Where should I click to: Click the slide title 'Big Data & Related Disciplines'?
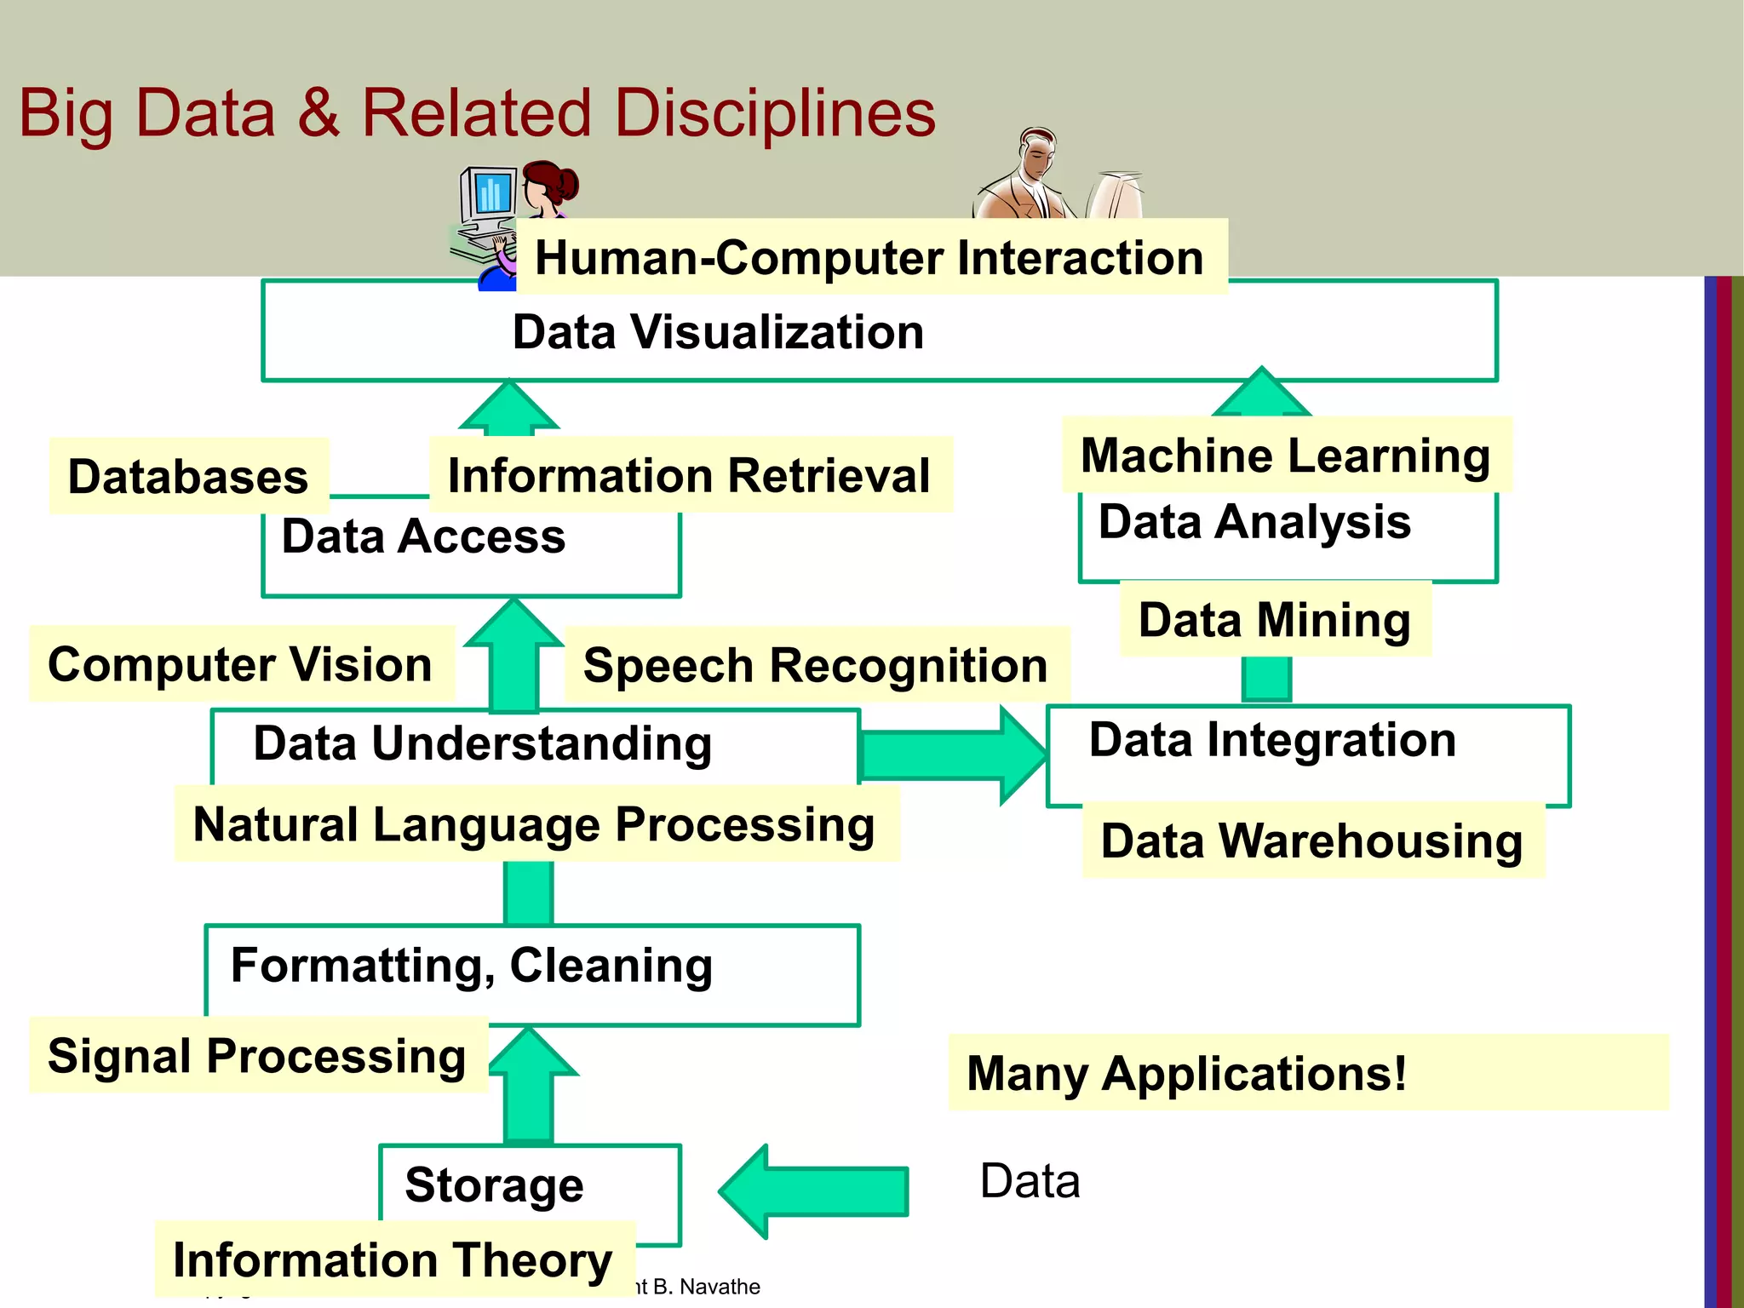pos(477,113)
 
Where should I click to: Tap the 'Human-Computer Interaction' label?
pos(869,257)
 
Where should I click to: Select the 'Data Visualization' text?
pos(718,332)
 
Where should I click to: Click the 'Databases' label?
pos(188,476)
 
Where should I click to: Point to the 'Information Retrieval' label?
pos(689,475)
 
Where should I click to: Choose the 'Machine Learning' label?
pos(1285,455)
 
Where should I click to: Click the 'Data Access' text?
pos(423,536)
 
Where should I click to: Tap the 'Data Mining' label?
pos(1274,619)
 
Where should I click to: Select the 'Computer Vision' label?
pos(240,664)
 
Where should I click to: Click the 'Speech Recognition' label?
pos(815,665)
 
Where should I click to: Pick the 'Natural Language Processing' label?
pos(534,824)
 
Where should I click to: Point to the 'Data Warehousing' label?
pos(1311,840)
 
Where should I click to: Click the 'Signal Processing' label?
pos(256,1056)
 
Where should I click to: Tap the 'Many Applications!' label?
pos(1186,1073)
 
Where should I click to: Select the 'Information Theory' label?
pos(393,1260)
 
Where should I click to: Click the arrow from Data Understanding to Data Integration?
pos(954,754)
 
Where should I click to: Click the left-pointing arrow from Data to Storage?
pos(813,1191)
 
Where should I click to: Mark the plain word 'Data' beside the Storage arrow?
pos(1030,1181)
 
